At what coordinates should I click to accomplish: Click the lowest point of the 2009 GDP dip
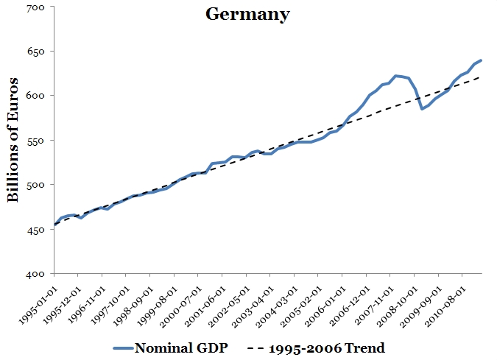pos(422,108)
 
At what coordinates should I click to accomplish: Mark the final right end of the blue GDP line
pos(481,60)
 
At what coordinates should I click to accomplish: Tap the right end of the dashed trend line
pos(481,76)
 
